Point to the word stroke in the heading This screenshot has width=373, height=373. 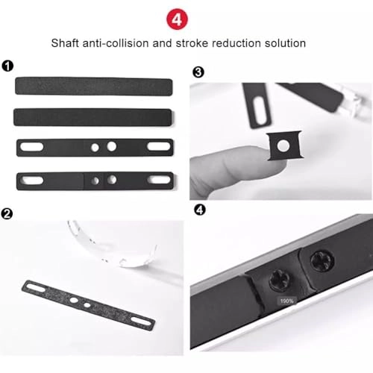195,43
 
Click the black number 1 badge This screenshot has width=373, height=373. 7,66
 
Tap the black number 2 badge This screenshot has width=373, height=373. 7,213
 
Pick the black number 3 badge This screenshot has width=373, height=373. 198,72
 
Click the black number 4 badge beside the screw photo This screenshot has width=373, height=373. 198,209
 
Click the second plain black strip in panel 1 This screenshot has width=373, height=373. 93,117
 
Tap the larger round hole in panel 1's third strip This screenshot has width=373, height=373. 111,147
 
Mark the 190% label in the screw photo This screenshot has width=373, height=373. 286,301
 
